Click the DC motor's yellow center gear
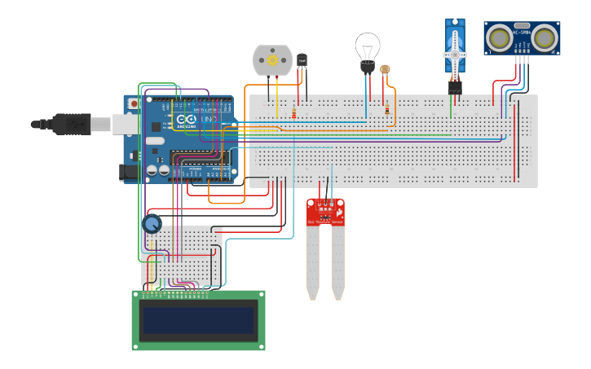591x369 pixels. (x=272, y=61)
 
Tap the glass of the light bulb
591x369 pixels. (x=368, y=46)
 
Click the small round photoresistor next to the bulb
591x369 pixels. (x=386, y=71)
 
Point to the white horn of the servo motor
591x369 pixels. (x=455, y=55)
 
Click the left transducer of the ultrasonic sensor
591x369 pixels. (x=498, y=37)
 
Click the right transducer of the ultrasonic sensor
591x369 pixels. (x=545, y=37)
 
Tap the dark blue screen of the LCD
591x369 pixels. (x=199, y=320)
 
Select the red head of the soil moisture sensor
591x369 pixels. (x=325, y=212)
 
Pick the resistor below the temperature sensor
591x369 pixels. (x=293, y=113)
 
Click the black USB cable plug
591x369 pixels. (x=68, y=124)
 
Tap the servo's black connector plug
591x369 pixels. (x=454, y=86)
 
